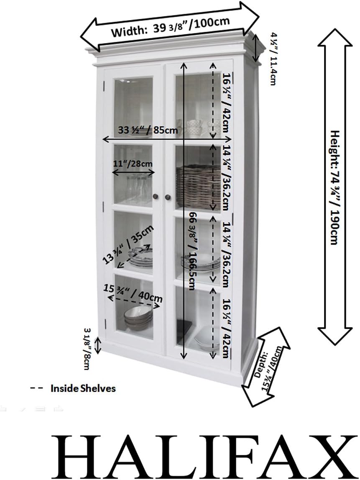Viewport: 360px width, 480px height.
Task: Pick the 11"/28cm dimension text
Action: (133, 163)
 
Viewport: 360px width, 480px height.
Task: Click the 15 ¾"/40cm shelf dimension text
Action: (133, 292)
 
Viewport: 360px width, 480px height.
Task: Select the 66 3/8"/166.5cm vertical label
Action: (193, 251)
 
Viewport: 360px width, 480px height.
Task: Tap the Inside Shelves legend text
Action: (83, 388)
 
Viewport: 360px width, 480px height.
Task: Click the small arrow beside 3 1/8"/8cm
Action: (99, 345)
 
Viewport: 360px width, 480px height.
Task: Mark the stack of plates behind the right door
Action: (200, 263)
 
